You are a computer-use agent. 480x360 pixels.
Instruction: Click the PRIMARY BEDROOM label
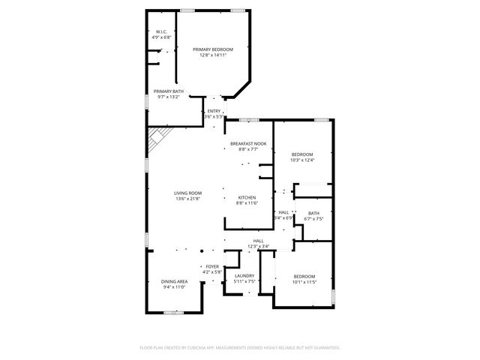[x=213, y=49]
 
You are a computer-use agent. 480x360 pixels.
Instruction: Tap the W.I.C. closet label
[x=161, y=31]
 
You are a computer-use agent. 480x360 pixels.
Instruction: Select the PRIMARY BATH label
[x=169, y=91]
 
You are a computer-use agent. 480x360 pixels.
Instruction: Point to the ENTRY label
[x=214, y=112]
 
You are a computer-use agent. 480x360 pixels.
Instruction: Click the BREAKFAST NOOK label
[x=247, y=143]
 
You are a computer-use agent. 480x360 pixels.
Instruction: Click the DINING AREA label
[x=174, y=281]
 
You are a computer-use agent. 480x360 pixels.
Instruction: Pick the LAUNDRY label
[x=244, y=276]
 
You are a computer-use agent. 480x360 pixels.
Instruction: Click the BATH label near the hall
[x=313, y=214]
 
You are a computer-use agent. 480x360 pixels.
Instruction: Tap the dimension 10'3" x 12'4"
[x=302, y=160]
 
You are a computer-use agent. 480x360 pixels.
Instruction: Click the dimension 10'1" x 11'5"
[x=304, y=282]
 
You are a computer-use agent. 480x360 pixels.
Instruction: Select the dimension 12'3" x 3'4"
[x=258, y=246]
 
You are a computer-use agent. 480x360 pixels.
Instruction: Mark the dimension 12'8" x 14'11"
[x=213, y=55]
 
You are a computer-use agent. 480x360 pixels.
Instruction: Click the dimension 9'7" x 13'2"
[x=169, y=96]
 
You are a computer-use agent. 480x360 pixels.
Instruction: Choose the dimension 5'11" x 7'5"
[x=244, y=281]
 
